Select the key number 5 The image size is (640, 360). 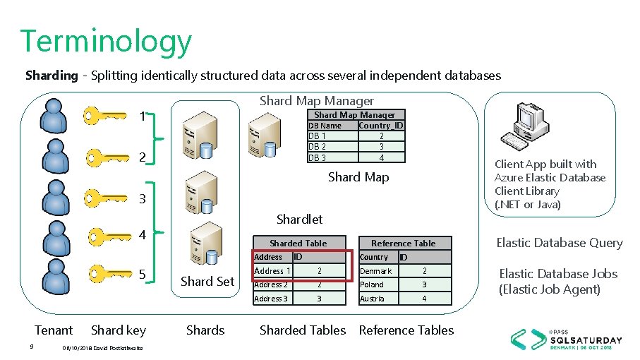[x=142, y=274]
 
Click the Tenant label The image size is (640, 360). [x=54, y=330]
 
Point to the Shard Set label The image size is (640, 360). [x=207, y=281]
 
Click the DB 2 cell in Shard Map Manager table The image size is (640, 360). [x=318, y=146]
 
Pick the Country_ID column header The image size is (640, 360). [x=380, y=126]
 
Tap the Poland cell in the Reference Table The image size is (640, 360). [x=372, y=284]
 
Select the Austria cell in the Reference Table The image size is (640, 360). [x=372, y=299]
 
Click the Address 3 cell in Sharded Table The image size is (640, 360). [x=271, y=299]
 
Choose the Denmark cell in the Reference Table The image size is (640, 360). [x=375, y=271]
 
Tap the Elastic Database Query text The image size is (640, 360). [x=559, y=243]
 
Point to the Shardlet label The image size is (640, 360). [x=299, y=219]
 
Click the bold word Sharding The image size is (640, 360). [x=51, y=75]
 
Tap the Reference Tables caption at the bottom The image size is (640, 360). [x=406, y=330]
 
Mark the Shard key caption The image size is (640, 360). [x=119, y=330]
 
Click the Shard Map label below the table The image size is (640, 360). [x=358, y=176]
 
